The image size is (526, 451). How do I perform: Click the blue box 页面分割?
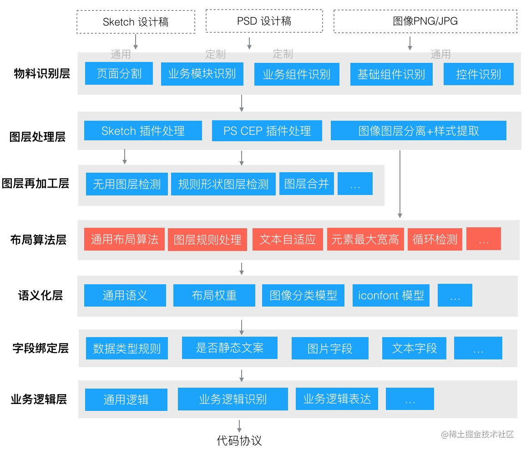[x=119, y=73]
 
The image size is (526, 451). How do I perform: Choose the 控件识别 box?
[x=478, y=74]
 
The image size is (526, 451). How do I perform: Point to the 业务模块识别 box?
[x=202, y=74]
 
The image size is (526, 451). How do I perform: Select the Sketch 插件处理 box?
[x=143, y=131]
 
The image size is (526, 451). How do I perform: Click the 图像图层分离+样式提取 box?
[x=418, y=131]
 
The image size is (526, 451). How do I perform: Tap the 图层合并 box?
[x=306, y=184]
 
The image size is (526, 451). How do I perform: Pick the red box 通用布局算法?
[x=124, y=239]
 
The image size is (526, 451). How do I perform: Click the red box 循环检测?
[x=435, y=240]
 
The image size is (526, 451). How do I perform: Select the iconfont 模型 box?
[x=391, y=295]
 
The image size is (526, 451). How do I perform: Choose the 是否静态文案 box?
[x=229, y=348]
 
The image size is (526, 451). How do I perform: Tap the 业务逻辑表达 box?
[x=337, y=399]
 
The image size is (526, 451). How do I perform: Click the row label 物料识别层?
[x=42, y=73]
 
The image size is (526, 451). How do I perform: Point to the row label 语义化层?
[x=40, y=295]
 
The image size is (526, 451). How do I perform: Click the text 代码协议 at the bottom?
[x=239, y=440]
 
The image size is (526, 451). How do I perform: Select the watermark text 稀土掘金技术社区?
[x=481, y=434]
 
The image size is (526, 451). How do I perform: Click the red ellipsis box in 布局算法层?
[x=483, y=239]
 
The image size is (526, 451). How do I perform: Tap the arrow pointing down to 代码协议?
[x=239, y=426]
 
